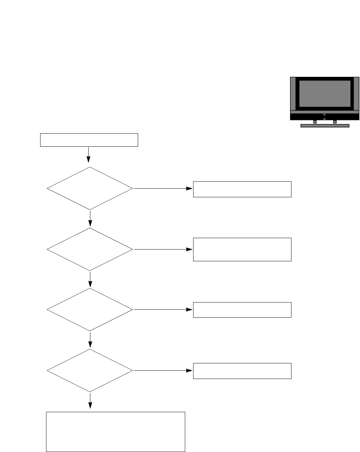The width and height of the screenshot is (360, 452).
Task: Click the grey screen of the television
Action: [x=325, y=93]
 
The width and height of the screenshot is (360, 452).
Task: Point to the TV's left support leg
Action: [x=315, y=122]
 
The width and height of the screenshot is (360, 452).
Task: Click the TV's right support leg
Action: [x=335, y=122]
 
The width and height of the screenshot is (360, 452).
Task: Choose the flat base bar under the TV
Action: [x=325, y=126]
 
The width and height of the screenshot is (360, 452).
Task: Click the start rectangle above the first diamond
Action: [x=89, y=140]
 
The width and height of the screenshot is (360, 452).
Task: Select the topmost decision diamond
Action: [x=90, y=189]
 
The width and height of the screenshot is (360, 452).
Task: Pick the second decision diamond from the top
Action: [x=90, y=249]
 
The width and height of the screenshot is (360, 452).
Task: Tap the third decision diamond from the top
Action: [x=90, y=310]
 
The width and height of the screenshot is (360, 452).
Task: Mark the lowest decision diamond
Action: [x=90, y=370]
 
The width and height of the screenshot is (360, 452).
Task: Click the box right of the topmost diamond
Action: [x=242, y=189]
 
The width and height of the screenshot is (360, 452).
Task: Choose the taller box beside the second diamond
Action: [x=242, y=249]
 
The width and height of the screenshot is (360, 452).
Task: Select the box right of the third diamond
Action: [x=242, y=310]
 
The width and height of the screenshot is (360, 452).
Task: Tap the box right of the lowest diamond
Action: [x=242, y=371]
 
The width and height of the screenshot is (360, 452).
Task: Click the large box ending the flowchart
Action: [x=116, y=432]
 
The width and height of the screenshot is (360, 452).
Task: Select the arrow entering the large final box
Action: [x=90, y=401]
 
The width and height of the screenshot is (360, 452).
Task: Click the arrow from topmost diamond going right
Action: [x=163, y=189]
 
